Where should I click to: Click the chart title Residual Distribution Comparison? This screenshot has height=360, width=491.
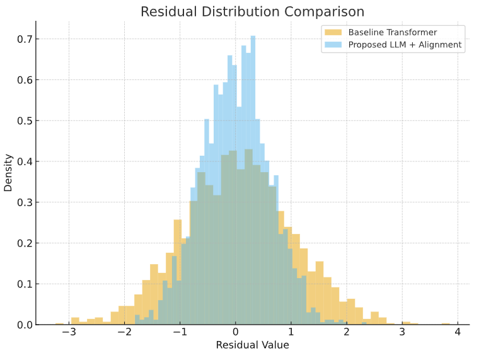pos(252,11)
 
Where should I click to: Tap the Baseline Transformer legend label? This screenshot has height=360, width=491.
pos(393,32)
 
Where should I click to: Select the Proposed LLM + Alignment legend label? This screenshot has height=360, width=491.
pos(405,45)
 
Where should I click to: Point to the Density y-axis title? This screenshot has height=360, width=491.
pos(9,173)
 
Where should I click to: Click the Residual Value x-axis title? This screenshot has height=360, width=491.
pos(252,345)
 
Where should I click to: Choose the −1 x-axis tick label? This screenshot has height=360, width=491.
pos(179,332)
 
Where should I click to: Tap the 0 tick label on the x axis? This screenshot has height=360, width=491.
pos(236,332)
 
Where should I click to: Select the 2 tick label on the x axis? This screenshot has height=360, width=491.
pos(347,332)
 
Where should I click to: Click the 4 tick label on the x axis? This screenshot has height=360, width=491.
pos(458,332)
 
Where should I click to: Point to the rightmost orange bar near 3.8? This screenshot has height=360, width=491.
pos(446,323)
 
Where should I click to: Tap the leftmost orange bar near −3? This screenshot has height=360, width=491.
pos(75,321)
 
